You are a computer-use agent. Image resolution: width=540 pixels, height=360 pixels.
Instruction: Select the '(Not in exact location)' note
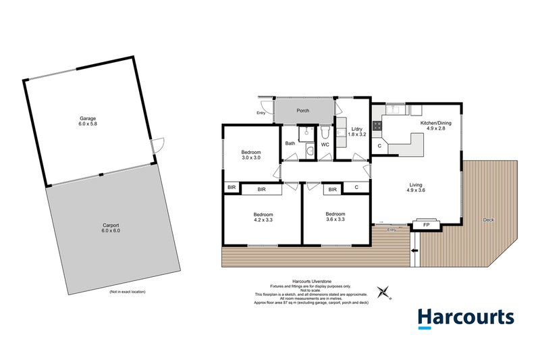coord(127,291)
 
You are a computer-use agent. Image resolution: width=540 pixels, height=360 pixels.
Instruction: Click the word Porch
coord(303,110)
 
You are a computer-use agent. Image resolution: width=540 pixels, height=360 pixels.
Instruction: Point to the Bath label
coord(290,143)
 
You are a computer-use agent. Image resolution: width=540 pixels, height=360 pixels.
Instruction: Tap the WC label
coord(325,144)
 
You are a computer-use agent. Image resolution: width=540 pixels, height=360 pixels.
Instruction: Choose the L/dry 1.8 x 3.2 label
coord(356,132)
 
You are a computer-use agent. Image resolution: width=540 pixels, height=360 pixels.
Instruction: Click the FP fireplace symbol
coord(426,225)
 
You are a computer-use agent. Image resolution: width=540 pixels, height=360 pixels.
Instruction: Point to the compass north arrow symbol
coord(385,292)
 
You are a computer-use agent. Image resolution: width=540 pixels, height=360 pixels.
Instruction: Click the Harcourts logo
coord(465,318)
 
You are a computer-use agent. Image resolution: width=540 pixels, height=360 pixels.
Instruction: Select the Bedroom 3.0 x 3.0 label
coord(251,155)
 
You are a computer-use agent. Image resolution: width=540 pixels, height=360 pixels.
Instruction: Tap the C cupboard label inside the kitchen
coord(379,145)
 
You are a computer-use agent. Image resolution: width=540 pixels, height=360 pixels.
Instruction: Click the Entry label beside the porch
coord(261,113)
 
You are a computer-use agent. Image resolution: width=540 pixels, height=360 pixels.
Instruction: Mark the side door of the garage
coord(157,145)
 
